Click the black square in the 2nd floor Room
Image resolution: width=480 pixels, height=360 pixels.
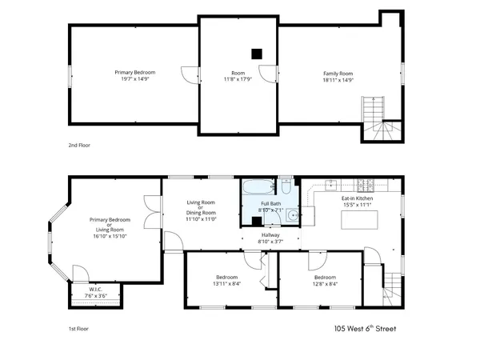(x=256, y=54)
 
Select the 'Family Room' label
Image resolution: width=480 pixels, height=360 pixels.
(x=338, y=74)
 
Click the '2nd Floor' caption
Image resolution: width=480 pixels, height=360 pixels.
(x=80, y=146)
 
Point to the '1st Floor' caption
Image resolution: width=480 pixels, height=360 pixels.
(x=78, y=328)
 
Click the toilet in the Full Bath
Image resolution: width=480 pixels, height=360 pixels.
(x=285, y=188)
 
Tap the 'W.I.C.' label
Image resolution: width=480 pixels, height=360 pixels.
(x=95, y=290)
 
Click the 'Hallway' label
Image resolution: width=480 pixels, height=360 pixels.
(x=270, y=234)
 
